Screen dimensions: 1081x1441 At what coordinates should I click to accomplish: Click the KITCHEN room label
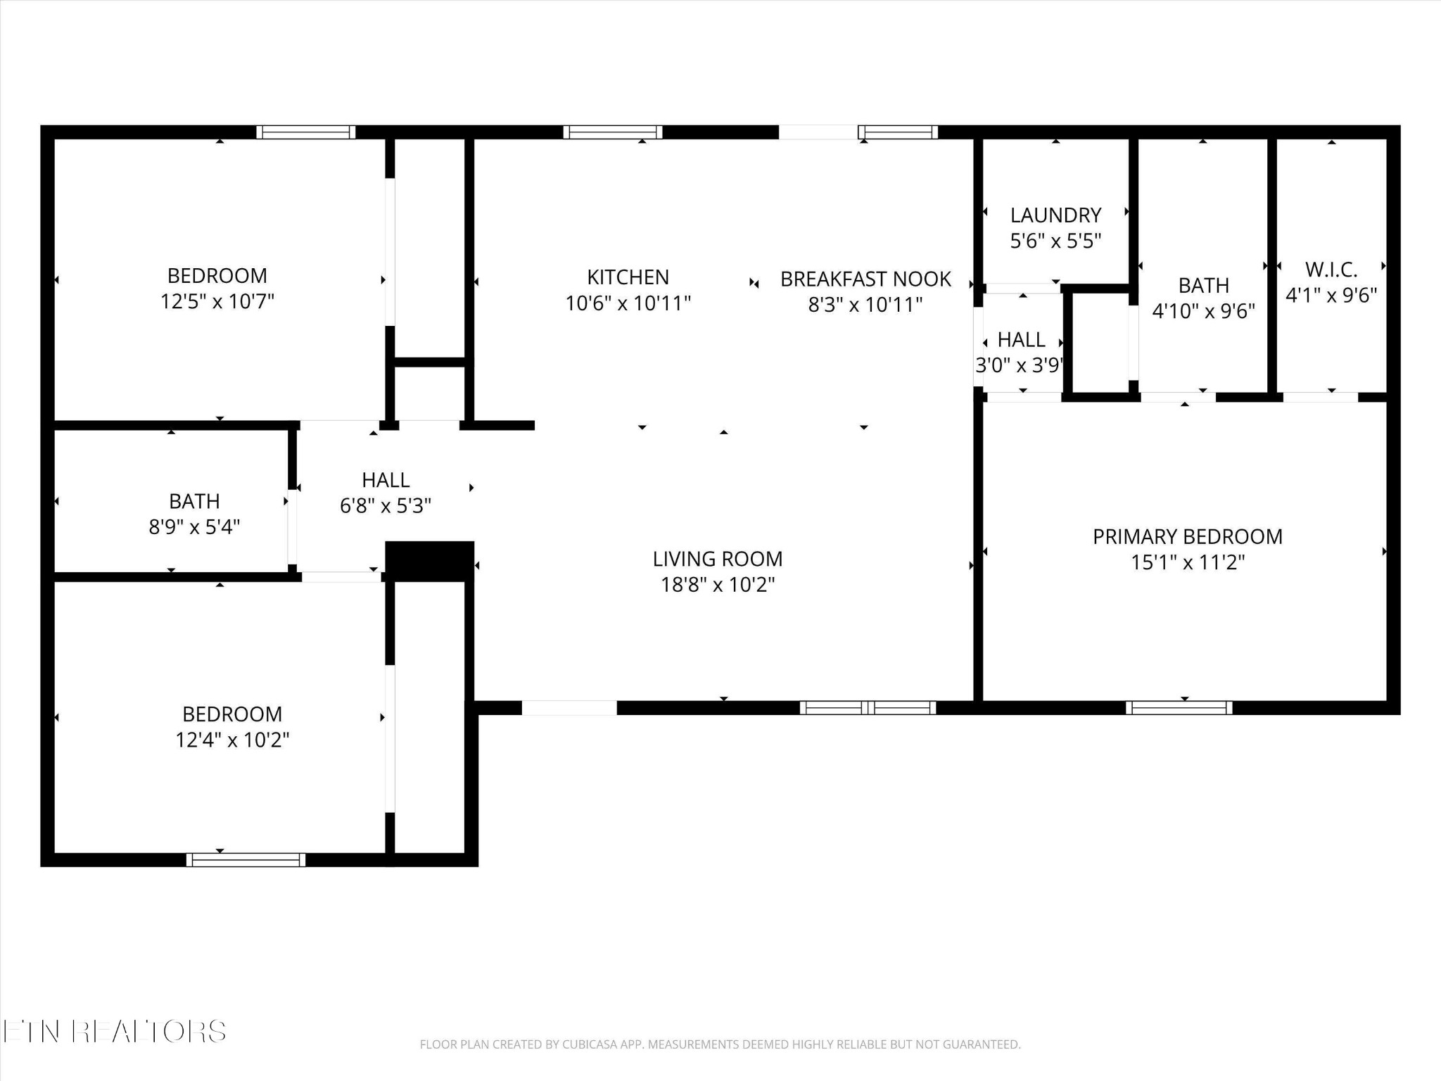pos(628,277)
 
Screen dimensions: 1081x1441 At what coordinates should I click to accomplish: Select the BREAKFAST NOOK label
pos(865,279)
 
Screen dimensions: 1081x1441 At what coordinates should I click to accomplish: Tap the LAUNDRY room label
pos(1055,215)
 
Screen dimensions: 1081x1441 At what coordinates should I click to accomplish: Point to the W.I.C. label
pos(1331,269)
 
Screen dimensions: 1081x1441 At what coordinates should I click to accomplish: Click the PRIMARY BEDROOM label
pos(1187,536)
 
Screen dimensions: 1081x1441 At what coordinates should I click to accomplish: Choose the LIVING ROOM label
pos(717,559)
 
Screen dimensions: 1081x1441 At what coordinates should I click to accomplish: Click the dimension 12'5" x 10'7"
pos(217,302)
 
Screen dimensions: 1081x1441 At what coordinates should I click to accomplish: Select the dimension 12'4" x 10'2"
pos(232,740)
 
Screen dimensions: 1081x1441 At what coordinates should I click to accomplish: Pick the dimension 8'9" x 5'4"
pos(194,527)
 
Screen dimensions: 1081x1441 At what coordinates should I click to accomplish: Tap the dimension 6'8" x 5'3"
pos(385,506)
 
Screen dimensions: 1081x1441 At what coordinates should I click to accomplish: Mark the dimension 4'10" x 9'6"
pos(1203,311)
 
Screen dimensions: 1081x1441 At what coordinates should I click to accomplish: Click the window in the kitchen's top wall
pos(612,132)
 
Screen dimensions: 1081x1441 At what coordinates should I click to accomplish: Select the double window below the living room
pos(868,707)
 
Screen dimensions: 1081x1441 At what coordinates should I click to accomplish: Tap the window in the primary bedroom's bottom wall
pos(1179,707)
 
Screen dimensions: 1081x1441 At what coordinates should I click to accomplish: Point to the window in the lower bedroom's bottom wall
pos(246,859)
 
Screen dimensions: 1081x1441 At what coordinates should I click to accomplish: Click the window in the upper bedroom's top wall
pos(305,132)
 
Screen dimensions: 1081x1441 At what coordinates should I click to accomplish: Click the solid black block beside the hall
pos(429,560)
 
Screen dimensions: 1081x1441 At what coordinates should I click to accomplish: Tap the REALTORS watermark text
pos(149,1032)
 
